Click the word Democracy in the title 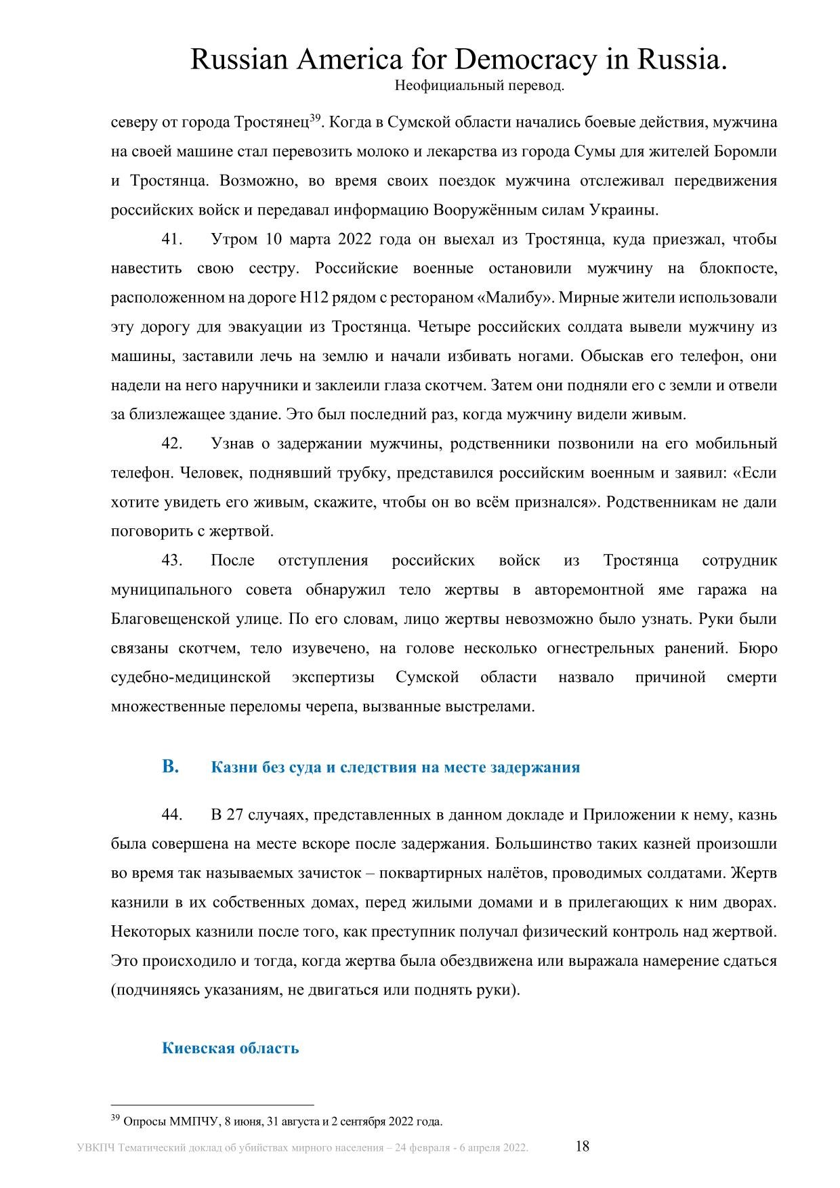point(525,61)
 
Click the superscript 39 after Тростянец point(314,118)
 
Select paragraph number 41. point(172,240)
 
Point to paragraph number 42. point(172,444)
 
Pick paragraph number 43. point(172,560)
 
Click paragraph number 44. point(172,815)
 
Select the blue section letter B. point(170,767)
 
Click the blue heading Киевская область point(230,1048)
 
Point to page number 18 point(582,1147)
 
